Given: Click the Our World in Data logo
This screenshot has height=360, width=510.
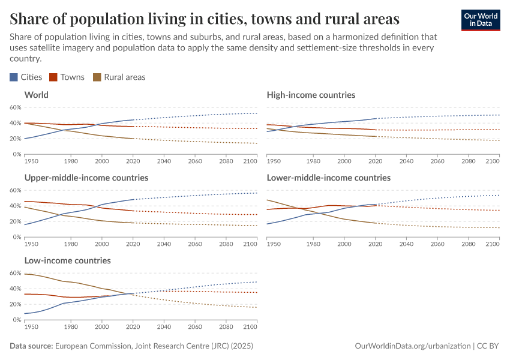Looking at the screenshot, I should point(480,20).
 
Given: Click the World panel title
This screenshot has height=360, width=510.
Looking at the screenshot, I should point(36,95).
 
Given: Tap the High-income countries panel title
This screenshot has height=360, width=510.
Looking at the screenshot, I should point(311,95).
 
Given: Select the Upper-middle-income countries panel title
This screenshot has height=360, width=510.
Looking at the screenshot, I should point(86,178).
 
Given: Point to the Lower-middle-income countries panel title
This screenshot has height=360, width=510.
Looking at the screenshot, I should point(328,178).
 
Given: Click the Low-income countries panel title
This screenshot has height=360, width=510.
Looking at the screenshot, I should point(67,260).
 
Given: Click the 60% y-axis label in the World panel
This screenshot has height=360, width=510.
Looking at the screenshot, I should point(16,107).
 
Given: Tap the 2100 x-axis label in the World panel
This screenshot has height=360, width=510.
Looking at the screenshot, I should point(250,161).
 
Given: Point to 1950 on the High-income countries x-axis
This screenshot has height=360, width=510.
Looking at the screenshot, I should point(274,161).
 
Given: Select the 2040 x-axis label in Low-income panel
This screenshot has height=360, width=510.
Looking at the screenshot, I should point(164,327).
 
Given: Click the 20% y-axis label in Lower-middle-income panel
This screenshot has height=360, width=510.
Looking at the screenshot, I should point(259,221).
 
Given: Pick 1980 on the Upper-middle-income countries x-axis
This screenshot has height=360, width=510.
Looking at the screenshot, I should point(71,244).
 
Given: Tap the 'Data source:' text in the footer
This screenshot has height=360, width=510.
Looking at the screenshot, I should point(31,346).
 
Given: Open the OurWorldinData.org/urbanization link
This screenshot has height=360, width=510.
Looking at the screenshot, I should point(413,346).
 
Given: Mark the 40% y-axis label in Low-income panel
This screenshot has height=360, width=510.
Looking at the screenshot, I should point(16,289).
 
